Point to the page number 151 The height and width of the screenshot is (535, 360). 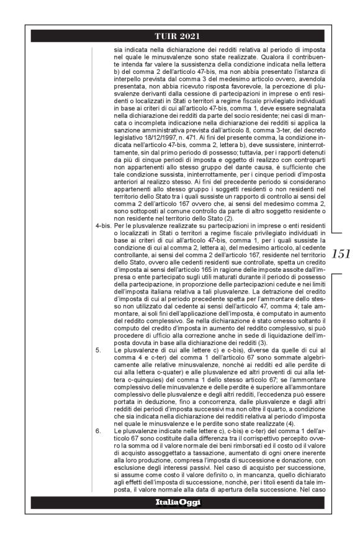click(x=341, y=253)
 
